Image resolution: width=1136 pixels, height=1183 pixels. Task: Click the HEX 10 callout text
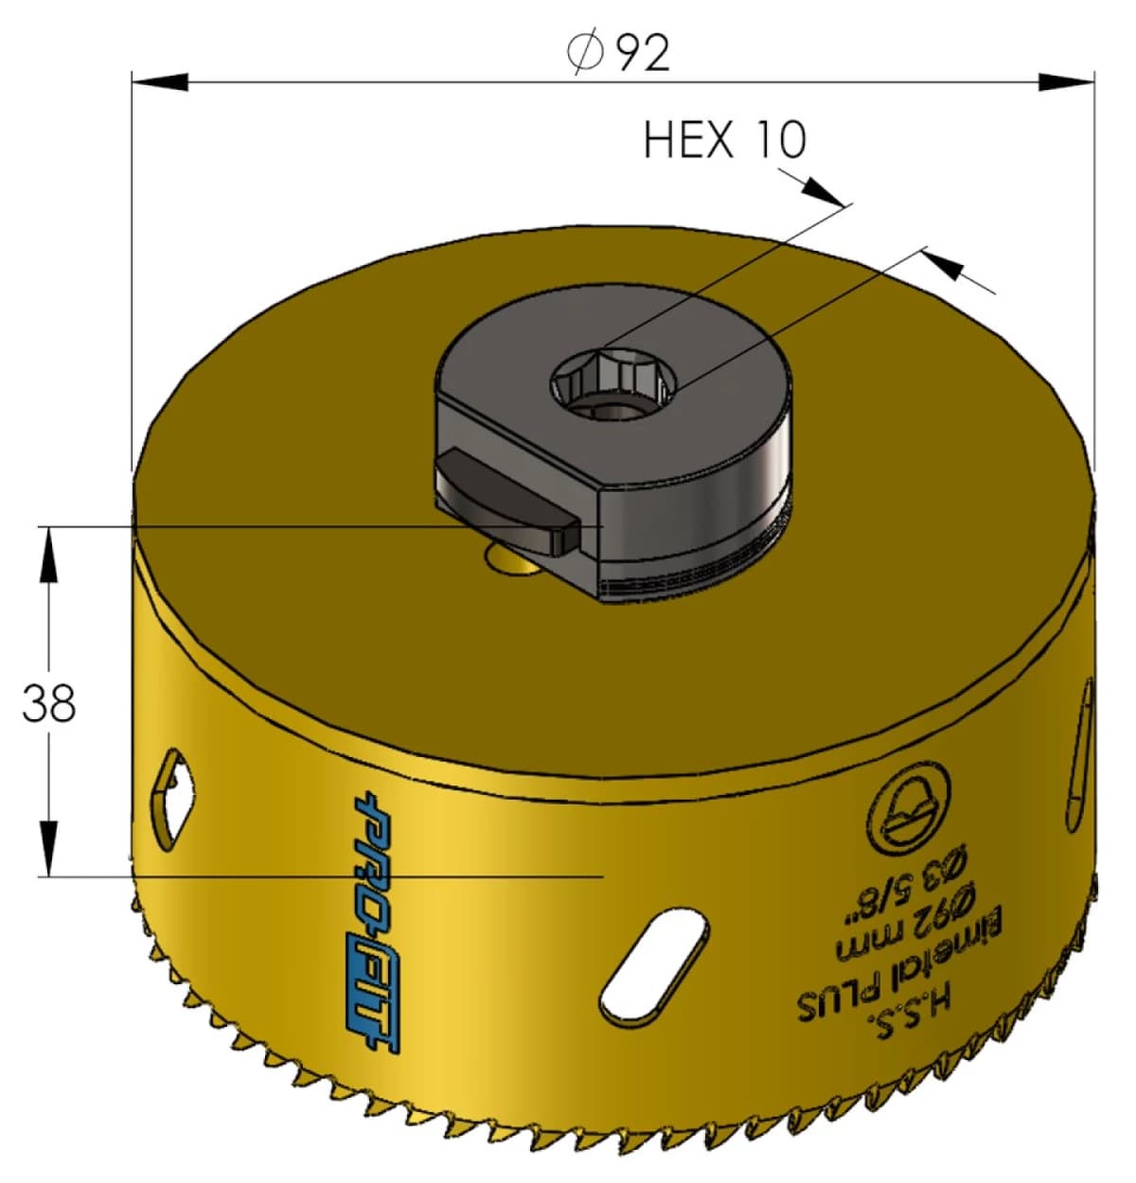724,140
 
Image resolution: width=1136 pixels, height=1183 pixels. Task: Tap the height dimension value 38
49,703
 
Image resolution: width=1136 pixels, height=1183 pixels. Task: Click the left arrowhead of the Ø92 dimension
159,82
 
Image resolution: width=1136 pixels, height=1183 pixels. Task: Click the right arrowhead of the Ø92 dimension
1067,82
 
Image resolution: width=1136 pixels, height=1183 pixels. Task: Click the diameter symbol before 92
585,52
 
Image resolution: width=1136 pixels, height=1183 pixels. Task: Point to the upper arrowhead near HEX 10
820,189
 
